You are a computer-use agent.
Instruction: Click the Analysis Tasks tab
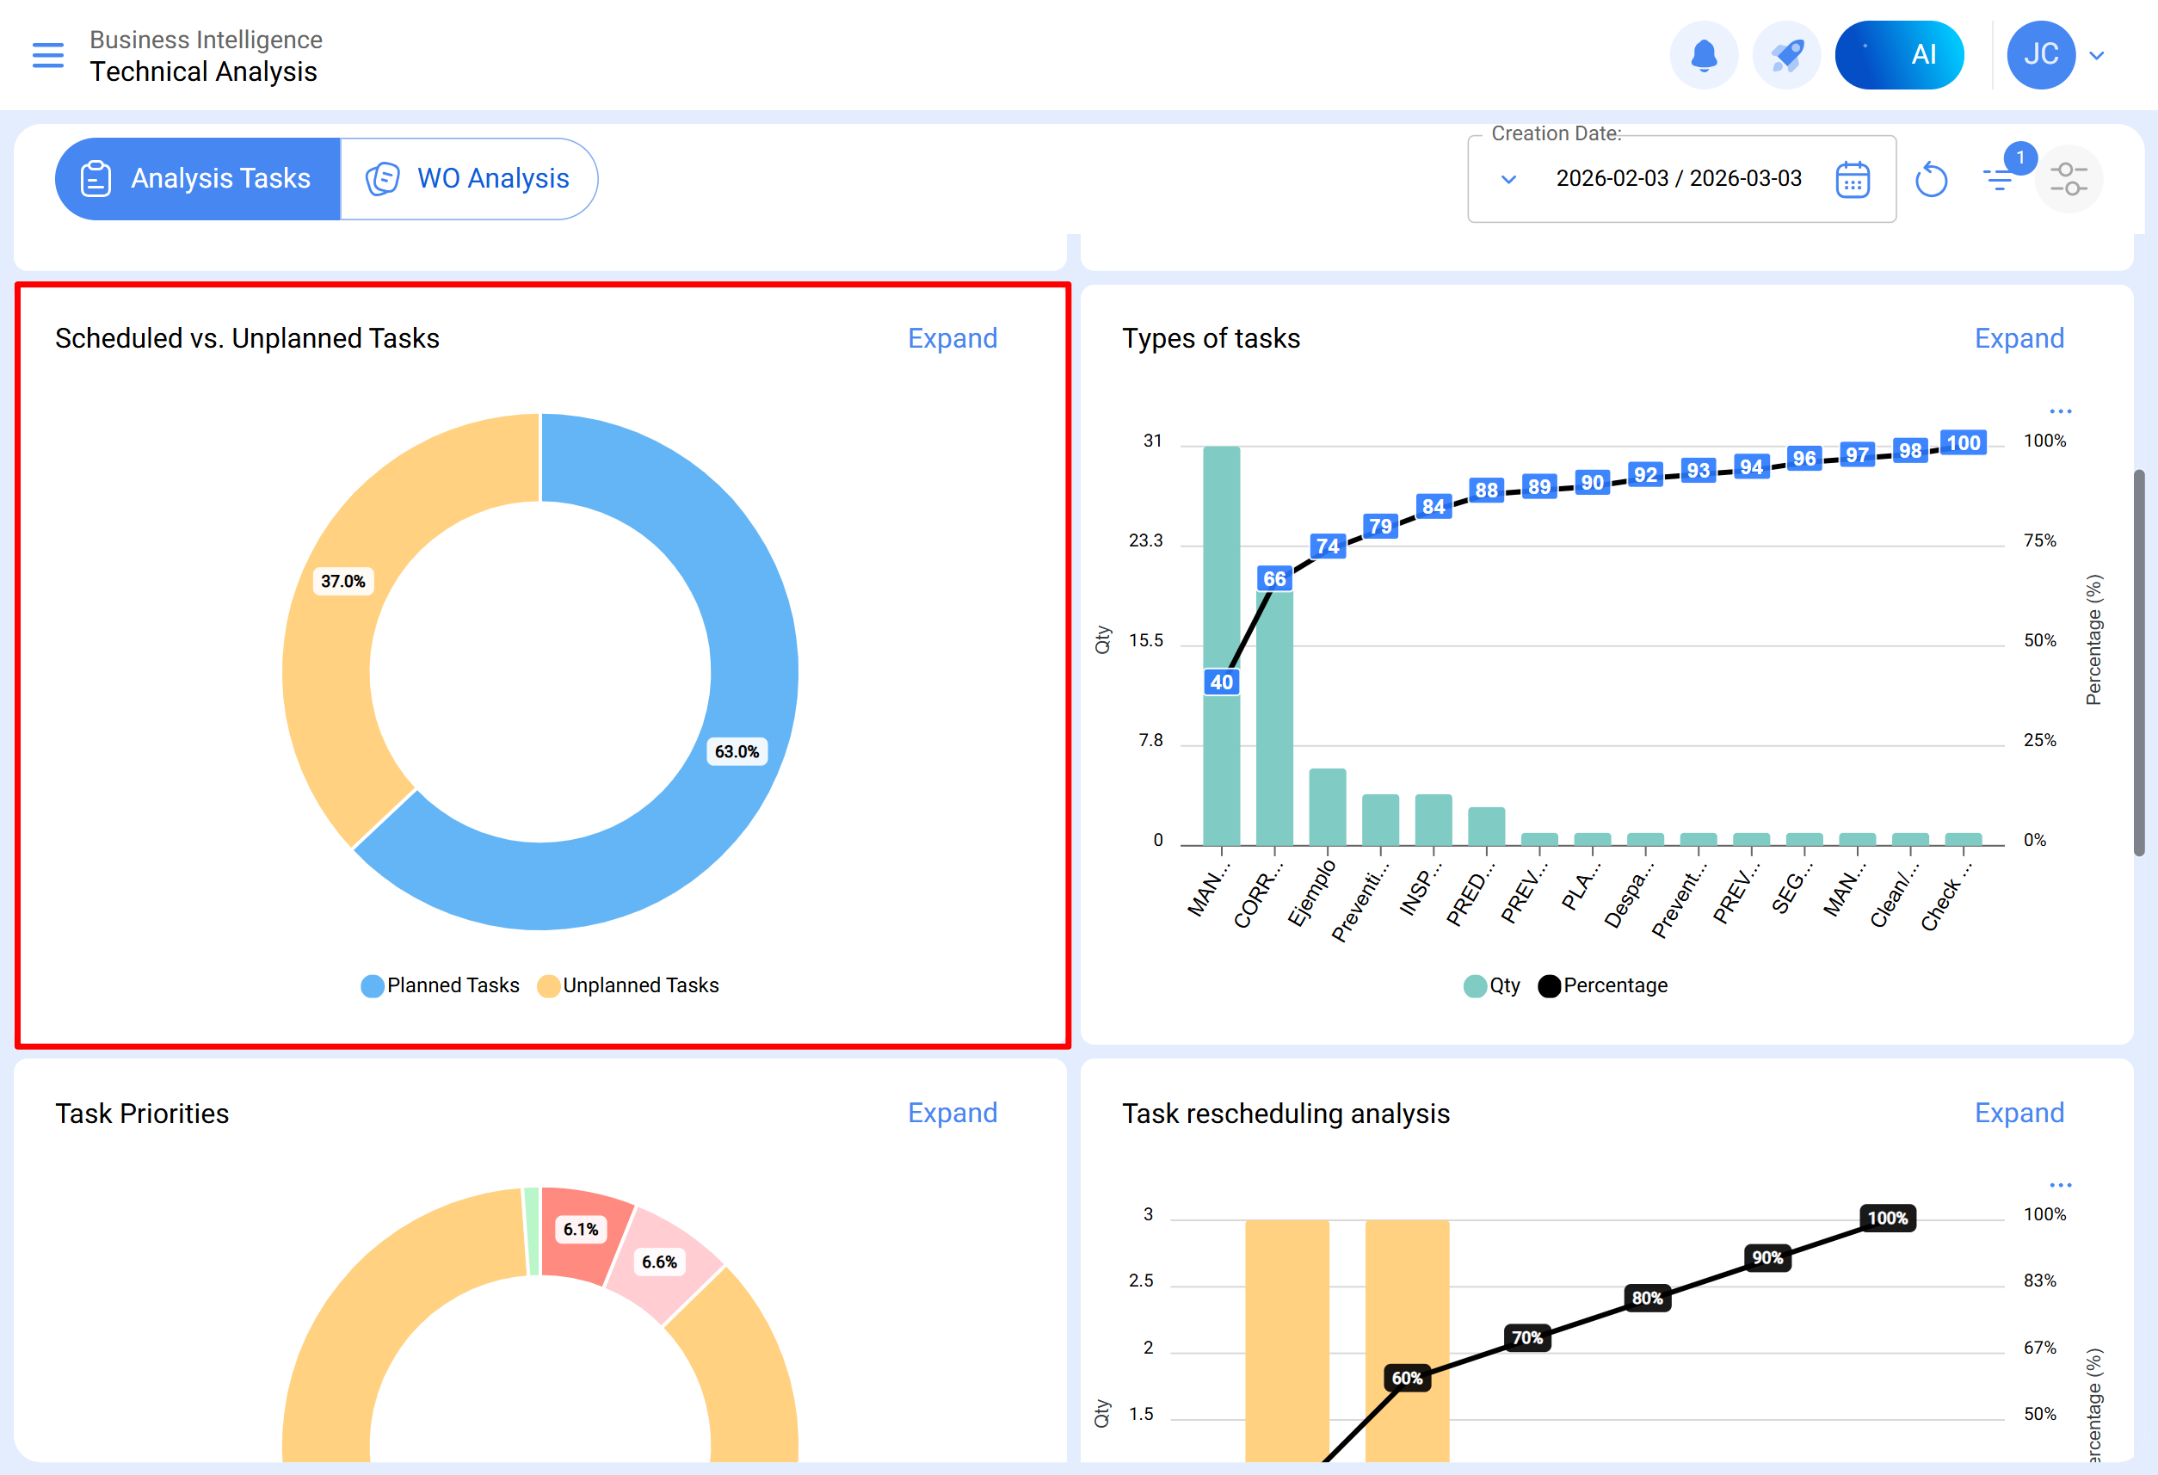(x=198, y=178)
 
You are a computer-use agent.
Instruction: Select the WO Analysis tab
(x=469, y=178)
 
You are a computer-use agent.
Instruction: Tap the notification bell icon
(x=1703, y=55)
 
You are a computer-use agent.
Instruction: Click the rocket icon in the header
(x=1785, y=55)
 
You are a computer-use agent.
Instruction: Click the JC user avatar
(x=2040, y=55)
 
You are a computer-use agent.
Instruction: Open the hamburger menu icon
(x=48, y=55)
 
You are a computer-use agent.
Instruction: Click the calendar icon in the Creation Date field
(x=1852, y=179)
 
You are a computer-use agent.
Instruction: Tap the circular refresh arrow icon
(x=1931, y=179)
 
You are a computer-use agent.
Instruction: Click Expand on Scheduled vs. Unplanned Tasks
(x=952, y=338)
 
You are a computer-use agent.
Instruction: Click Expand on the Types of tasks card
(x=2019, y=338)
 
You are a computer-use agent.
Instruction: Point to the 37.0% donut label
(x=342, y=582)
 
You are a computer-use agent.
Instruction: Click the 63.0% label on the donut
(x=737, y=751)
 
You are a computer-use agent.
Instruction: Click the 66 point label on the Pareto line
(x=1274, y=578)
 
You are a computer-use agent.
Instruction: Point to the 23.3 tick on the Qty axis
(x=1145, y=540)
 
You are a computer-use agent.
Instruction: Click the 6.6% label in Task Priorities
(x=659, y=1262)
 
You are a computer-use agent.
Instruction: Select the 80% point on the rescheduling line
(x=1647, y=1298)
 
